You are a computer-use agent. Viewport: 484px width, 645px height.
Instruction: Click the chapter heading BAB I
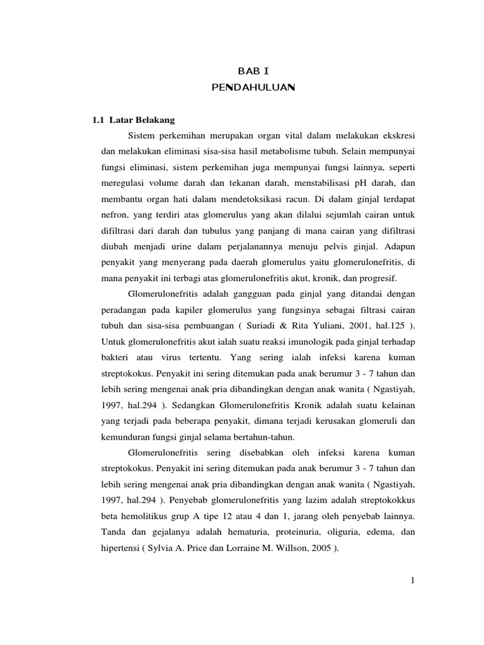tap(253, 71)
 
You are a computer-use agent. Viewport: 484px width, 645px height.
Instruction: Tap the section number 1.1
tap(99, 119)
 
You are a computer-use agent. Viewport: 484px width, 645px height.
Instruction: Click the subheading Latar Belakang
tap(142, 119)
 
